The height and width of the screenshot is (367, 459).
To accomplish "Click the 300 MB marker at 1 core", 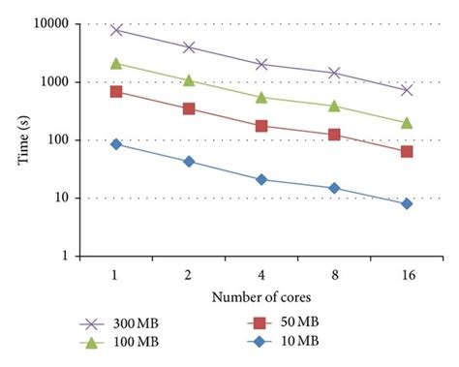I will (116, 30).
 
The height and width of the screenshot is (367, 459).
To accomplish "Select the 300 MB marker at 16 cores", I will (407, 90).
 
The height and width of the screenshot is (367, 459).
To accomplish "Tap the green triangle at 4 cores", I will (261, 97).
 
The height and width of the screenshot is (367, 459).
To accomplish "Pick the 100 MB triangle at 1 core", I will (116, 63).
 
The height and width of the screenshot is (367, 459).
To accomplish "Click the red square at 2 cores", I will (189, 108).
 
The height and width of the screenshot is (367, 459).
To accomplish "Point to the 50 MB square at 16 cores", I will (407, 151).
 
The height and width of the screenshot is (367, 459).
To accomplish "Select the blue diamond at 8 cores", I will (334, 188).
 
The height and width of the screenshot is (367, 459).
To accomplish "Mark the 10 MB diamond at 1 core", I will (116, 143).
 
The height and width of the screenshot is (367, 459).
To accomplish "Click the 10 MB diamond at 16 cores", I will (407, 203).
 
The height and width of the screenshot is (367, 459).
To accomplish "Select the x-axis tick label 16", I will (407, 275).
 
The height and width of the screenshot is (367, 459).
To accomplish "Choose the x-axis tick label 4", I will (261, 275).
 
